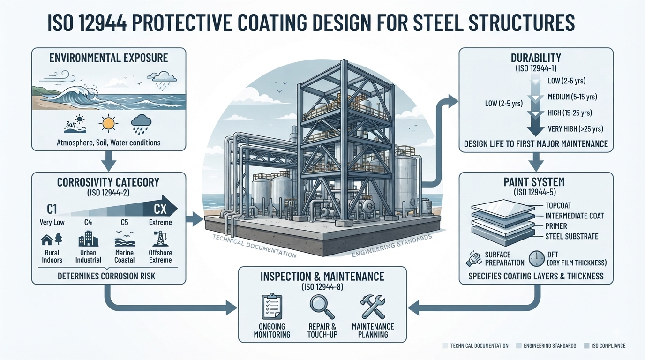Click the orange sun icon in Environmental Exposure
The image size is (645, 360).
point(108,124)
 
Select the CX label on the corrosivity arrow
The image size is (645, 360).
point(160,209)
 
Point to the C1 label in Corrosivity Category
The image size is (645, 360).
point(52,210)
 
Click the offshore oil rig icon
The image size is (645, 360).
point(160,239)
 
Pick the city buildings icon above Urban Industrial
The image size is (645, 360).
point(89,238)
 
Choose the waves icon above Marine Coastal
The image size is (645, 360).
point(124,239)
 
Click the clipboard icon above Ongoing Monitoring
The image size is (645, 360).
point(272,306)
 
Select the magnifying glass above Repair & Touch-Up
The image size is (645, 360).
point(322,307)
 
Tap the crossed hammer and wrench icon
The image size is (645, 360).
point(373,307)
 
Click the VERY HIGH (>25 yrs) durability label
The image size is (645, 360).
point(575,129)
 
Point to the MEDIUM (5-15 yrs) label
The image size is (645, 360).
point(572,97)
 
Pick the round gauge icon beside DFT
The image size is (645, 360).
point(536,258)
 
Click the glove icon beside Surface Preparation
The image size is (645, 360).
point(473,259)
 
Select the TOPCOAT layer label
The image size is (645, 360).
point(558,206)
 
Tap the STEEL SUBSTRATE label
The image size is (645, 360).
point(572,236)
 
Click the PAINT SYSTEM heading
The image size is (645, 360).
point(534,182)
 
